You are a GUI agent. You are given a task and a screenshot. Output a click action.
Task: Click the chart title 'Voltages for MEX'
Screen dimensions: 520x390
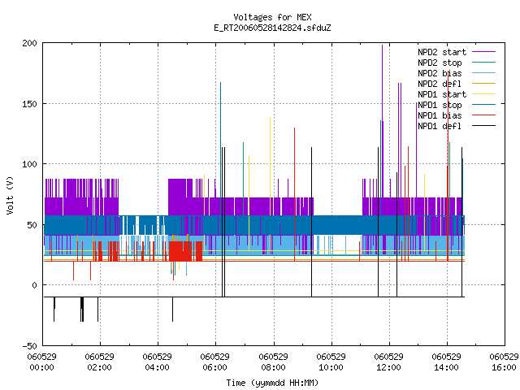tap(272, 17)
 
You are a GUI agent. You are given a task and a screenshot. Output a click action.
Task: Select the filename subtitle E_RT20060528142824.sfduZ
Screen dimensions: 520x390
tap(272, 28)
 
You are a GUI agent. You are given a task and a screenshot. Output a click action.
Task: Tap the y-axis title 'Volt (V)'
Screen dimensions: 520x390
tap(10, 195)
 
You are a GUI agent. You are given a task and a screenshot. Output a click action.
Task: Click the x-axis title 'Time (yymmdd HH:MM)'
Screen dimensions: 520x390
tap(272, 383)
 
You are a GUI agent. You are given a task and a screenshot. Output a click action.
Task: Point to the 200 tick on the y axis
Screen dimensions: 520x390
tap(29, 43)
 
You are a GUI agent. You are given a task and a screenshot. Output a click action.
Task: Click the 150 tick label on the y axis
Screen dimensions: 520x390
tap(29, 104)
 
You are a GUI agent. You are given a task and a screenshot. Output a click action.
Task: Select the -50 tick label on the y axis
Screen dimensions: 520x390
tap(29, 346)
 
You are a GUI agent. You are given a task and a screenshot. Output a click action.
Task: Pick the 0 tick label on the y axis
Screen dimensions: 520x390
tap(34, 285)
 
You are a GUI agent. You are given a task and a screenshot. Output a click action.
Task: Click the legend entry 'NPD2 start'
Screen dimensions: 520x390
tap(457, 52)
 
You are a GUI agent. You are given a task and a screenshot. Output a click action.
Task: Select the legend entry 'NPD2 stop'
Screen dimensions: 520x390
tap(457, 63)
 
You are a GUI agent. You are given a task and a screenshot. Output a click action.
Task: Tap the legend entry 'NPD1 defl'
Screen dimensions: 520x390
tap(457, 126)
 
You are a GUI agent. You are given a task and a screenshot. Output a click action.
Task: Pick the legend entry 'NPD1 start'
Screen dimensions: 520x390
tap(457, 94)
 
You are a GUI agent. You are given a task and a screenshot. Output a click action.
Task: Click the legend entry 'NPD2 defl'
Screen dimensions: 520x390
tap(457, 84)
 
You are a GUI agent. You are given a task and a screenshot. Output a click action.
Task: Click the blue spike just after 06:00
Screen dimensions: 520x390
tap(220, 149)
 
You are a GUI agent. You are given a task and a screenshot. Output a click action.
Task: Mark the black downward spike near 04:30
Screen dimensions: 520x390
tap(172, 309)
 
